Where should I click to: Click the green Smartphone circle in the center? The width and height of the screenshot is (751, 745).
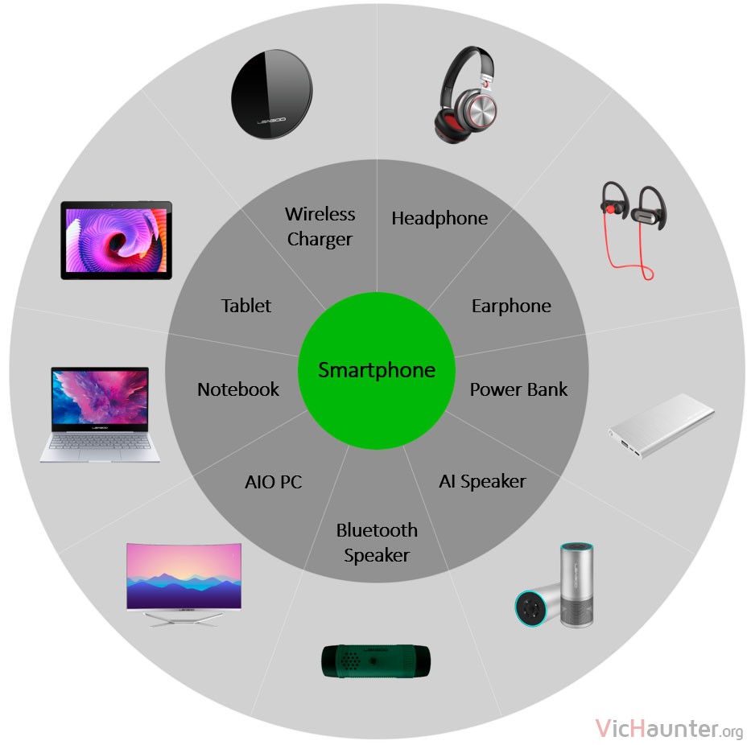pos(377,371)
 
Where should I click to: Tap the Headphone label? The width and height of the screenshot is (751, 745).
pos(439,218)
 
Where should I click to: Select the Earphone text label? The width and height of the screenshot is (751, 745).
pos(511,306)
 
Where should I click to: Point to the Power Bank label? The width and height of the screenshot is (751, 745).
pos(518,389)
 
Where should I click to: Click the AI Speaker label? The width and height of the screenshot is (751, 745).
pos(482,482)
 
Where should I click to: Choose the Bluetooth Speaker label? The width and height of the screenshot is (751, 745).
pos(377,542)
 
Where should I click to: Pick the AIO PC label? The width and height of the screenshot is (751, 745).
pos(273,482)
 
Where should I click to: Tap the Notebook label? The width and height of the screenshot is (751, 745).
pos(238,389)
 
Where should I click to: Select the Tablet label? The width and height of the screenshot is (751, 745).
pos(246,306)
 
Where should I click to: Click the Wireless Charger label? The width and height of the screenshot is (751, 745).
pos(320,226)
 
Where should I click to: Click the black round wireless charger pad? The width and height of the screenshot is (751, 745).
pos(271,94)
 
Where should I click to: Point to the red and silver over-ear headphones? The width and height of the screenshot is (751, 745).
pos(465,94)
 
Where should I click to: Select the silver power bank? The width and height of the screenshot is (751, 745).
pos(661,426)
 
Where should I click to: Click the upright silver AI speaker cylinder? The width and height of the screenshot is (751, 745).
pos(576,585)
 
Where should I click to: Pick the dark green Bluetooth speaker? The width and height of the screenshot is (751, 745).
pos(376,661)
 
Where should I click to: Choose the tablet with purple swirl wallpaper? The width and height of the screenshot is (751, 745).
pos(117,241)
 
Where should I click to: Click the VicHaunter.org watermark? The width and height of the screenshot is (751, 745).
pos(669,729)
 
